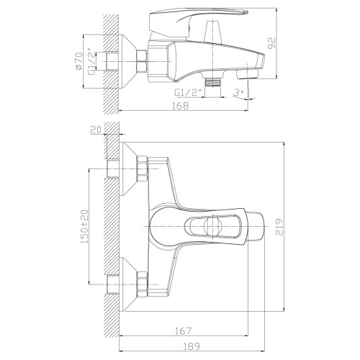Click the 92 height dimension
click(x=271, y=43)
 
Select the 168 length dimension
click(x=181, y=106)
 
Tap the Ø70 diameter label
click(x=78, y=61)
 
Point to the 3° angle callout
click(x=239, y=92)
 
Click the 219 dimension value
click(x=279, y=227)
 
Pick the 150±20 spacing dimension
click(x=84, y=227)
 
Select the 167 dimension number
click(x=184, y=330)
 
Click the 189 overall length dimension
click(x=192, y=346)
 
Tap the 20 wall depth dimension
click(x=96, y=130)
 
